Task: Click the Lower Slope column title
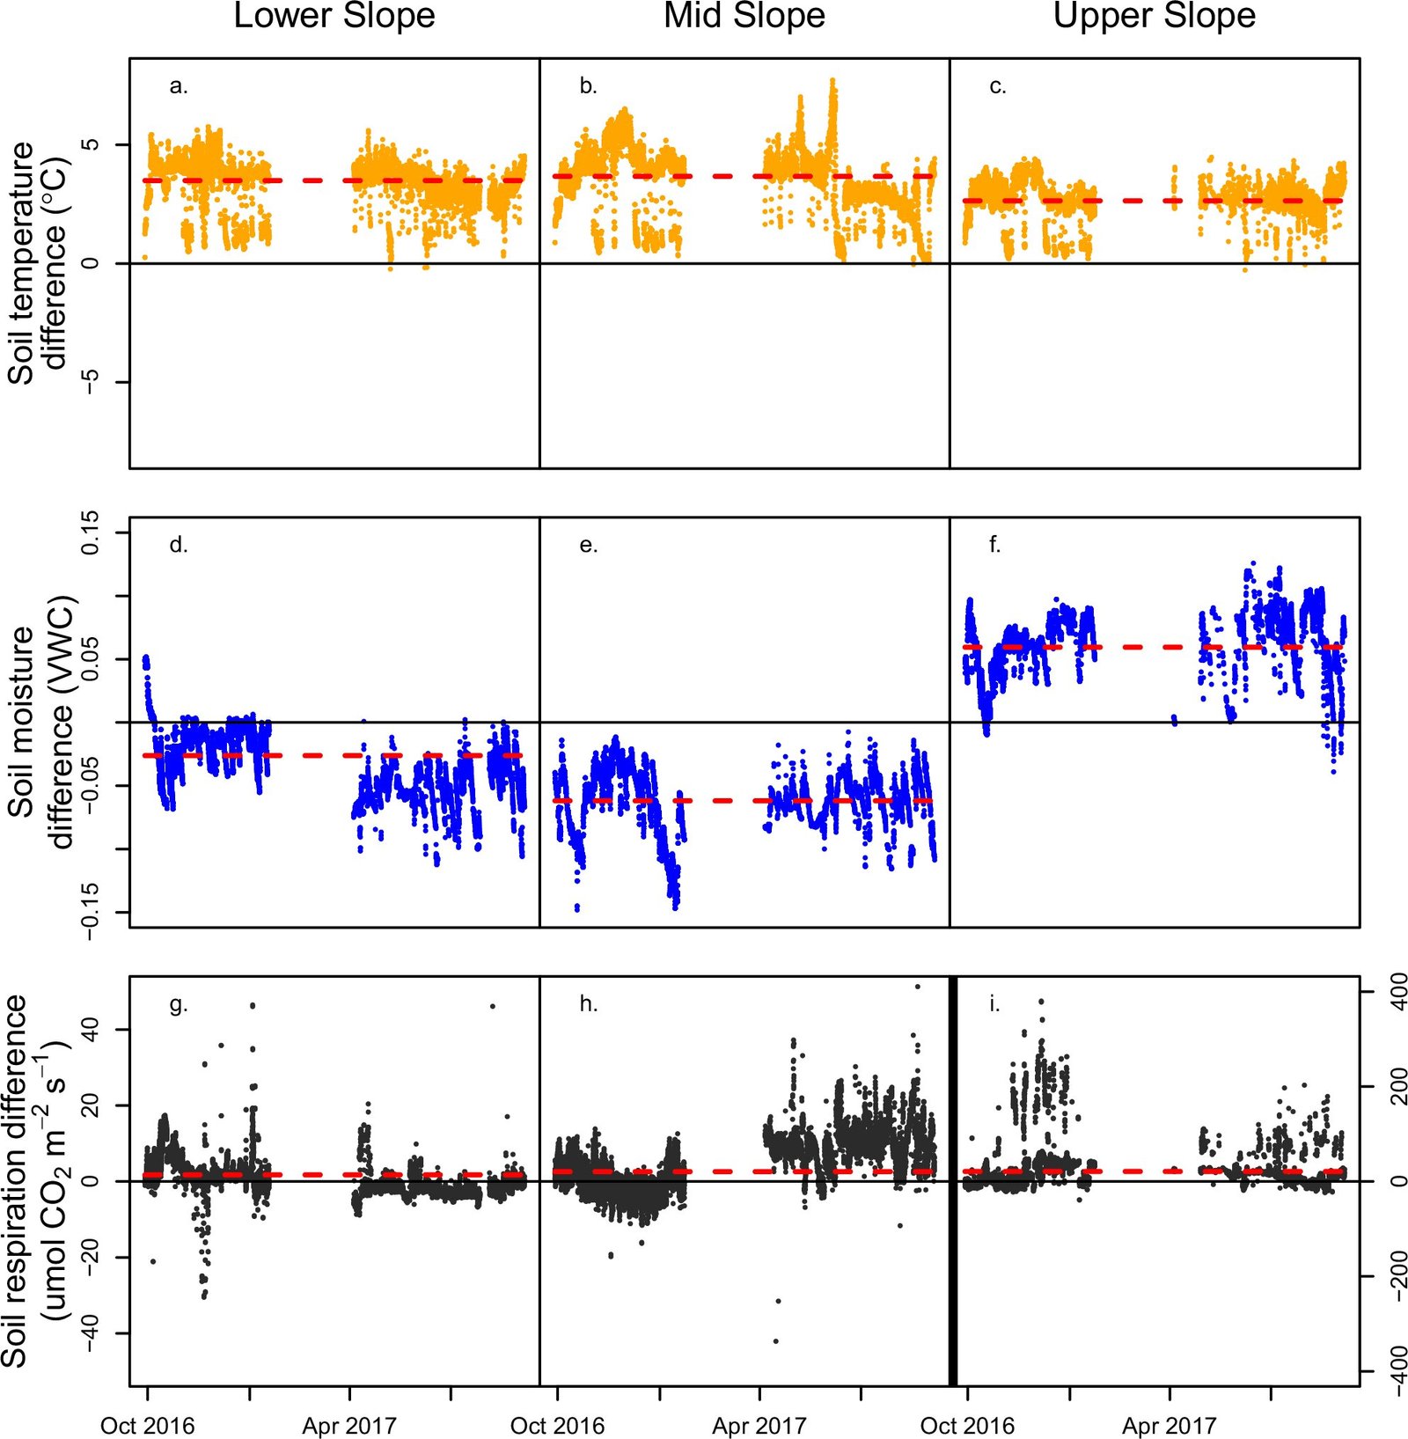334,16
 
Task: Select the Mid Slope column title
744,16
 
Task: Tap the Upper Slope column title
1155,16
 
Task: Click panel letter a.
179,86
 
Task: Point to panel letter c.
998,86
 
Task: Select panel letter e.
589,546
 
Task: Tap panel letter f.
995,546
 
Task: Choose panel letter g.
179,1005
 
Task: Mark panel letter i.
995,1005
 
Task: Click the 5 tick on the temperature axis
91,144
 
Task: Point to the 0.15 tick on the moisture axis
91,532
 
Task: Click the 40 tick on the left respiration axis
91,1029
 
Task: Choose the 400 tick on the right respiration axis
1397,992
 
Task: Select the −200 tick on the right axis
1397,1276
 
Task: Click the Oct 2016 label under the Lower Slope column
148,1426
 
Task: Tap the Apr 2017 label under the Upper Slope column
1169,1426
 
